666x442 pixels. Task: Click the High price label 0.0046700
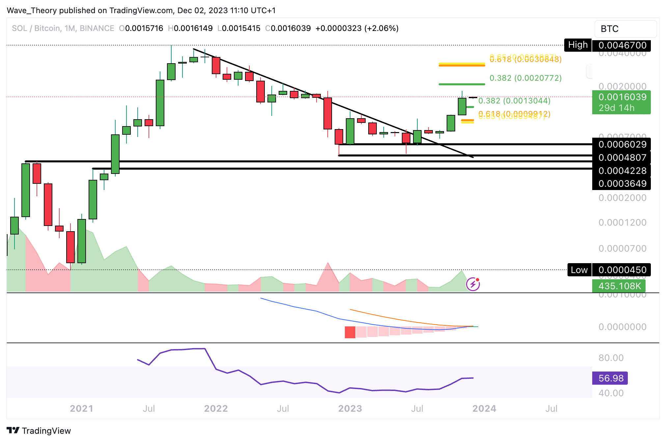click(622, 45)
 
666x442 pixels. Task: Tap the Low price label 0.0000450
click(622, 270)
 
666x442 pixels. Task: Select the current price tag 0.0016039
click(622, 97)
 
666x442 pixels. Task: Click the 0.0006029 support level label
click(622, 144)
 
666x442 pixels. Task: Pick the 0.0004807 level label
click(622, 157)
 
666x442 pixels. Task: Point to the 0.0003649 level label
click(622, 183)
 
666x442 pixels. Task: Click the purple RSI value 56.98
click(610, 378)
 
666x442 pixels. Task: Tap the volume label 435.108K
click(619, 286)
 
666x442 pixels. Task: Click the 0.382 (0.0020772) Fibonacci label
click(525, 78)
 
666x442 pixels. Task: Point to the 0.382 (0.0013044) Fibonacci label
click(514, 100)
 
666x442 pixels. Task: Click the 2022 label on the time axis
click(216, 409)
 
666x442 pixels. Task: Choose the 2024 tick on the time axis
click(484, 409)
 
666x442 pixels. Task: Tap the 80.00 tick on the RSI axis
click(611, 358)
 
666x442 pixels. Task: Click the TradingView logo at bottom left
click(39, 430)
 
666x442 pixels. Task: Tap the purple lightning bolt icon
click(473, 284)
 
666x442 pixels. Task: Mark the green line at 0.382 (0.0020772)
click(461, 84)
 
